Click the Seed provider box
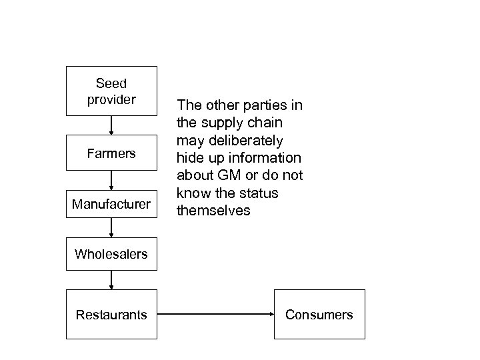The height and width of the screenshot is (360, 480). [111, 91]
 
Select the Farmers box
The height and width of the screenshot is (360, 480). [111, 153]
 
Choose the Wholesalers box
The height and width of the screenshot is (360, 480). [111, 254]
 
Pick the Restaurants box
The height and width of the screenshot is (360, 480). [111, 315]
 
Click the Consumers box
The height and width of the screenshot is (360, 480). [319, 315]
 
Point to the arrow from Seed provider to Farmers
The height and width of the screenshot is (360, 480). [111, 125]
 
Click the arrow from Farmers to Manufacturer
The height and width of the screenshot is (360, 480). [111, 179]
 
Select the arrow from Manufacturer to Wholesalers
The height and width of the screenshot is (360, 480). [111, 228]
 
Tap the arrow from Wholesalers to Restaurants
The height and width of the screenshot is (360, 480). [111, 280]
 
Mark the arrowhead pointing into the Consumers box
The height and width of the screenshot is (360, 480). [269, 315]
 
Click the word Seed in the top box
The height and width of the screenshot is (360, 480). [111, 84]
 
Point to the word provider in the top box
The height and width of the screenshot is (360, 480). [111, 100]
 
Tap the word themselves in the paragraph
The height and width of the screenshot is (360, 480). [213, 211]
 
